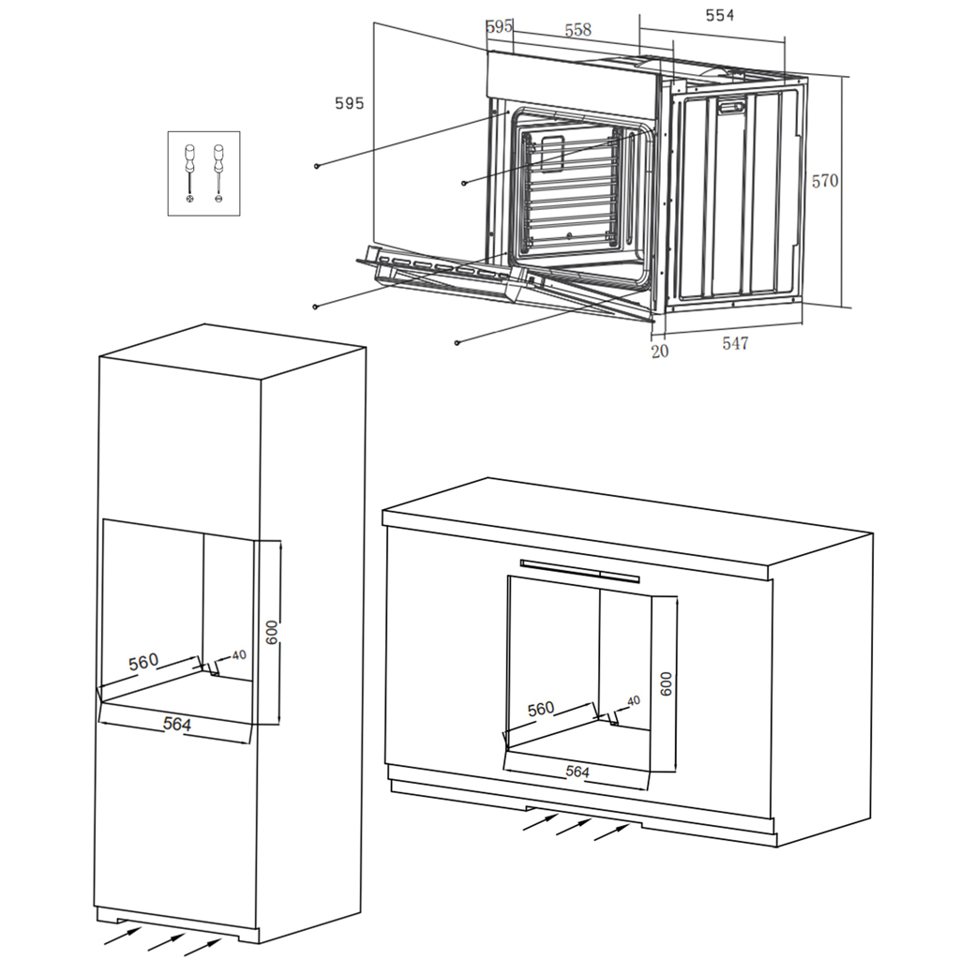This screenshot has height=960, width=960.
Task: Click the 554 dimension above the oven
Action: pyautogui.click(x=719, y=15)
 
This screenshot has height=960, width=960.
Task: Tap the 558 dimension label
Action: pyautogui.click(x=577, y=29)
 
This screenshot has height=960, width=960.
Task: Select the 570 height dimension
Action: pyautogui.click(x=825, y=181)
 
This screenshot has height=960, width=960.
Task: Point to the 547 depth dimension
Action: pyautogui.click(x=735, y=343)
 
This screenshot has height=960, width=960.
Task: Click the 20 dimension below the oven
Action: pyautogui.click(x=659, y=352)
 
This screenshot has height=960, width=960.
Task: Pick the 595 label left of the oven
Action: pyautogui.click(x=349, y=103)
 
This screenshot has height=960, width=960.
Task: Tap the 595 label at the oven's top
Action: pyautogui.click(x=499, y=26)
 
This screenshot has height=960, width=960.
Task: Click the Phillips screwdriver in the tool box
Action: pyautogui.click(x=189, y=173)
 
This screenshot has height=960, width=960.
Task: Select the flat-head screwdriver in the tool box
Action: pyautogui.click(x=218, y=173)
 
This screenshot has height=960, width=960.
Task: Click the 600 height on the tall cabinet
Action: pyautogui.click(x=272, y=633)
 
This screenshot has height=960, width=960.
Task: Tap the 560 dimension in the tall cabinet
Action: pyautogui.click(x=143, y=662)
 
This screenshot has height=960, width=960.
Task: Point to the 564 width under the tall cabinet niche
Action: pyautogui.click(x=177, y=725)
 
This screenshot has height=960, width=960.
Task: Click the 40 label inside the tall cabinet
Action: pyautogui.click(x=239, y=655)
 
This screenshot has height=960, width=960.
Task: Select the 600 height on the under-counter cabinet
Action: pyautogui.click(x=667, y=683)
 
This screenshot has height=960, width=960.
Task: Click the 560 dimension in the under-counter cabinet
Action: pyautogui.click(x=541, y=709)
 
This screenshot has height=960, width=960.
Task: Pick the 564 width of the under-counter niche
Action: pyautogui.click(x=577, y=772)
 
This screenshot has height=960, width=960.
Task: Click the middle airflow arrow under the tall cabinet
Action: pyautogui.click(x=166, y=942)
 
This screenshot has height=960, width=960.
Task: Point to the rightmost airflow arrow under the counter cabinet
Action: pyautogui.click(x=612, y=832)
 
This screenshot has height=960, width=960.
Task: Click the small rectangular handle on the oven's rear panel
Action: pyautogui.click(x=731, y=107)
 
